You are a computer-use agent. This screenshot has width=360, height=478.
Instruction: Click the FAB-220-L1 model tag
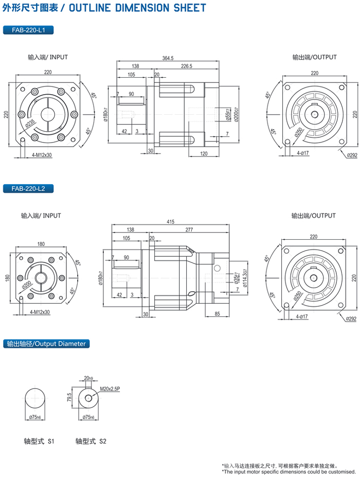(x=28, y=30)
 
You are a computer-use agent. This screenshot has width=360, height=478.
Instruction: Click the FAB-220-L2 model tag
(x=28, y=188)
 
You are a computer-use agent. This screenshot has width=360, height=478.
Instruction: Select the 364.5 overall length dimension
(x=168, y=58)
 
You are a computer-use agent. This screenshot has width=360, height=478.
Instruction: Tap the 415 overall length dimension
(x=171, y=222)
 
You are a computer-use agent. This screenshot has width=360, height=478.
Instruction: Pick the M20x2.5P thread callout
(x=110, y=389)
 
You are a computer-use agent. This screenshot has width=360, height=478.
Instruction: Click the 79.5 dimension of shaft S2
(x=69, y=398)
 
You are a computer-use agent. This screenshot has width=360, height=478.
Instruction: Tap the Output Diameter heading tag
(x=46, y=344)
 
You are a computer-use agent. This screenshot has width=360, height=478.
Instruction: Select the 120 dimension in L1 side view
(x=204, y=154)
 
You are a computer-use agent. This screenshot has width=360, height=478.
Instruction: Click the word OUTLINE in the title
(x=91, y=8)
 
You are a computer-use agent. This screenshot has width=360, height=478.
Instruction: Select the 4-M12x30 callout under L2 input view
(x=40, y=312)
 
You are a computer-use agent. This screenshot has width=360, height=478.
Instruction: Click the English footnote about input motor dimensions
(x=289, y=471)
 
